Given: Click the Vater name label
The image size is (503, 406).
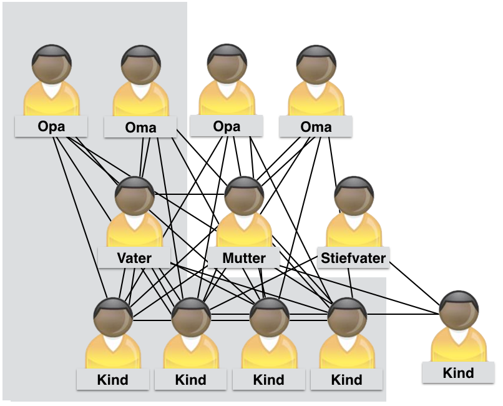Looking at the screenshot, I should [x=134, y=257].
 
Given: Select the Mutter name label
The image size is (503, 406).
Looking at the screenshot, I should [x=244, y=258].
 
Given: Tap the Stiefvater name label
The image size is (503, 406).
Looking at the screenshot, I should [x=353, y=257].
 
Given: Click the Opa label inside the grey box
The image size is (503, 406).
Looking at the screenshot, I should [x=52, y=127].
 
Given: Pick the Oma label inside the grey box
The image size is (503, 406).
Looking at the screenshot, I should [x=140, y=128].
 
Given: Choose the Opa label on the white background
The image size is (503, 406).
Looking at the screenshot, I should [x=227, y=127].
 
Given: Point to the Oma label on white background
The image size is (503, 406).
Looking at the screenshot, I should [x=316, y=127].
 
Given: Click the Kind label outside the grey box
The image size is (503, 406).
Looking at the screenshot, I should [x=458, y=374].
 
